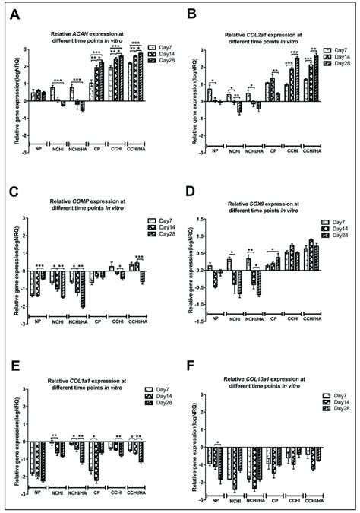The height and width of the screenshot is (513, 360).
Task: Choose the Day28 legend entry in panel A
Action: tap(158, 60)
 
